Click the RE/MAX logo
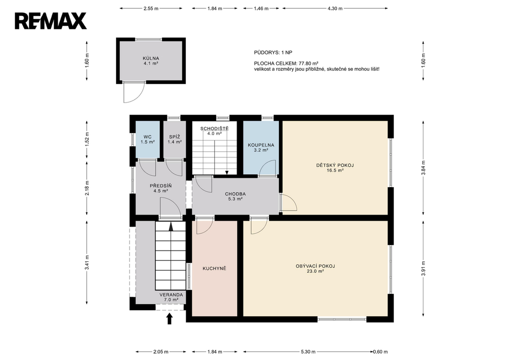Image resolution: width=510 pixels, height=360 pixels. click(x=50, y=21)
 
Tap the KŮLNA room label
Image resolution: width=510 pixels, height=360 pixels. click(x=151, y=59)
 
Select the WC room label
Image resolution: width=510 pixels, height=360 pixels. click(x=147, y=137)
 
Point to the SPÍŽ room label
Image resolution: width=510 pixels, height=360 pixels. click(x=175, y=137)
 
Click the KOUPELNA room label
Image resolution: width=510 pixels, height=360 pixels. click(x=261, y=145)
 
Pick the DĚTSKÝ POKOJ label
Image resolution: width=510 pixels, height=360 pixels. click(x=335, y=165)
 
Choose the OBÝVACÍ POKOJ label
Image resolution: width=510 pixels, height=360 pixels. click(x=315, y=266)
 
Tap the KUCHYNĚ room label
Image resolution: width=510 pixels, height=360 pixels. click(x=214, y=268)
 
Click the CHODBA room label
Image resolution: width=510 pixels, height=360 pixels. click(x=235, y=194)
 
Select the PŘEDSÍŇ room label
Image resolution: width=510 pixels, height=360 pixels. click(x=161, y=186)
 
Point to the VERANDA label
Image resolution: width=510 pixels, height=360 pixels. click(x=171, y=295)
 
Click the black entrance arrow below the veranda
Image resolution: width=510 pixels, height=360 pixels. click(x=169, y=319)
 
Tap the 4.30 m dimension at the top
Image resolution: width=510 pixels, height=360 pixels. click(x=335, y=8)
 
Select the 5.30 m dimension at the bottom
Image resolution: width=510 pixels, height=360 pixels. click(x=308, y=352)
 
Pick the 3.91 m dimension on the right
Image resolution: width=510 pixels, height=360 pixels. click(x=423, y=268)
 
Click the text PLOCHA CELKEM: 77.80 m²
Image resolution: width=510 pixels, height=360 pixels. click(x=286, y=63)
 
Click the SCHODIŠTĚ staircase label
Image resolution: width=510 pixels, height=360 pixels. click(x=214, y=128)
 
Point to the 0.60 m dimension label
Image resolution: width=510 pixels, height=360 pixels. click(x=380, y=352)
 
